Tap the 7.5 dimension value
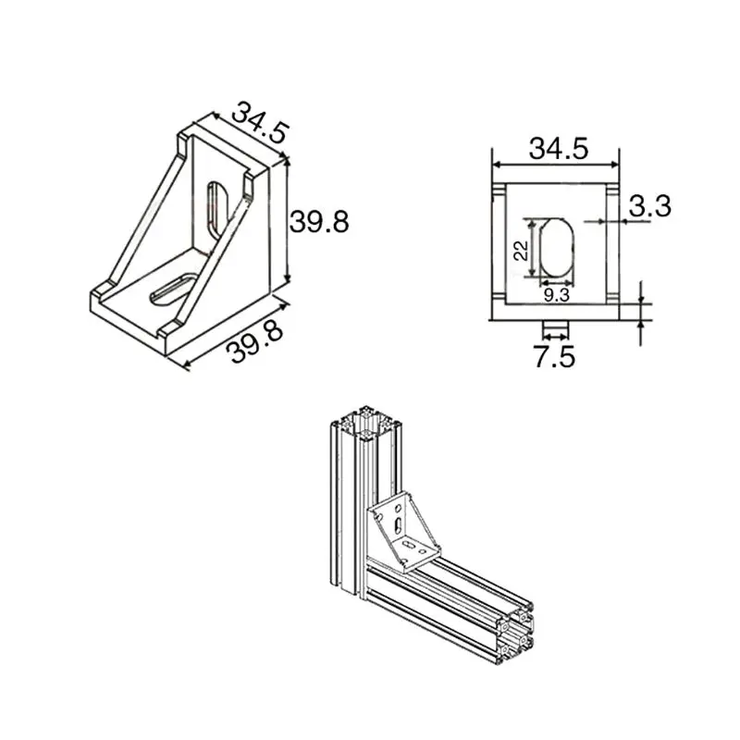(x=554, y=355)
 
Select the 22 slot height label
(x=519, y=249)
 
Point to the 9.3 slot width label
(x=556, y=294)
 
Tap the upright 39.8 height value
(x=319, y=222)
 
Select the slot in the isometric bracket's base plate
(x=172, y=287)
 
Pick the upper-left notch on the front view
(x=498, y=190)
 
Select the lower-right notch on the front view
(x=613, y=297)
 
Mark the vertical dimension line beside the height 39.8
(x=288, y=220)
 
